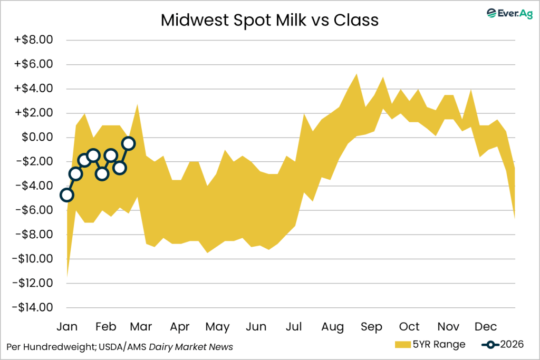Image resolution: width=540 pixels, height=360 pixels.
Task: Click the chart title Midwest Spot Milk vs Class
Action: pos(269,20)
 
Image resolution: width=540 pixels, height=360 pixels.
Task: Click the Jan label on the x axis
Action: pos(67,327)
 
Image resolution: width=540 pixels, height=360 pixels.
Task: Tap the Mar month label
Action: pos(141,327)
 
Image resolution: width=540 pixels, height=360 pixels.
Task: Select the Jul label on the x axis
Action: pos(294,327)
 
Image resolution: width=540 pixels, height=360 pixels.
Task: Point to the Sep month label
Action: pos(371,327)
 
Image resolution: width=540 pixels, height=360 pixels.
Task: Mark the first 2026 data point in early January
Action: pos(66,195)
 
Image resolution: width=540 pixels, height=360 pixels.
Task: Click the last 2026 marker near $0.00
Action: pos(128,143)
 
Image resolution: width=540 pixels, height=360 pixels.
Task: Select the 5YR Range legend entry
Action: pos(430,345)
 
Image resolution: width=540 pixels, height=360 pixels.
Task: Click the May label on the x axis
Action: pos(217,327)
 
